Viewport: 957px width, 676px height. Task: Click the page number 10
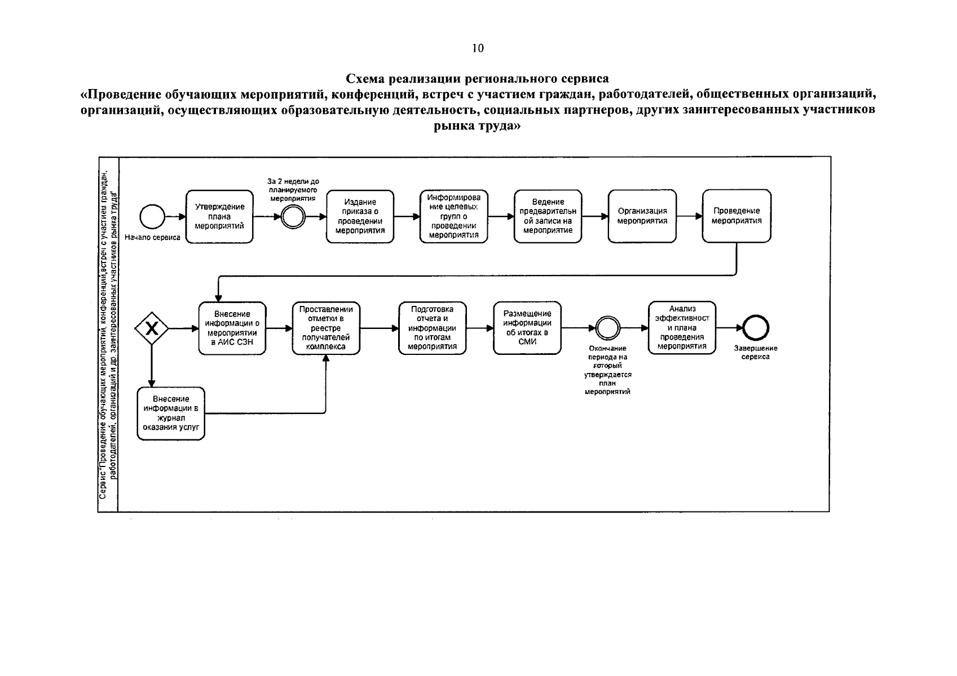[478, 48]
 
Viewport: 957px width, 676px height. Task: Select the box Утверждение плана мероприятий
[219, 217]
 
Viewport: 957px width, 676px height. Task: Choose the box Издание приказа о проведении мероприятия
[360, 217]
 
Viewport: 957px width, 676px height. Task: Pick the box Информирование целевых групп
[454, 216]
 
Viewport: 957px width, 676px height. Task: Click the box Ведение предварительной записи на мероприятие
[548, 216]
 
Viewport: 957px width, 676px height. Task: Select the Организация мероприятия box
[642, 216]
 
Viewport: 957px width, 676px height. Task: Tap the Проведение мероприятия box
[737, 216]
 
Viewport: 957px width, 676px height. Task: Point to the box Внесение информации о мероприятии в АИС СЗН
[232, 328]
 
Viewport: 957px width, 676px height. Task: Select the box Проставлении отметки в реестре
[326, 328]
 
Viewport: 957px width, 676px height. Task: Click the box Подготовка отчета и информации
[433, 328]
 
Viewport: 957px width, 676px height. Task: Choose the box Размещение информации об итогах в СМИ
[527, 328]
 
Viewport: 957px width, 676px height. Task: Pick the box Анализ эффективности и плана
[682, 327]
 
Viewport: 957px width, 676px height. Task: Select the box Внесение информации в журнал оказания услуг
[171, 413]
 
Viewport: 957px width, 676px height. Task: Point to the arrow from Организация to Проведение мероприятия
[690, 216]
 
